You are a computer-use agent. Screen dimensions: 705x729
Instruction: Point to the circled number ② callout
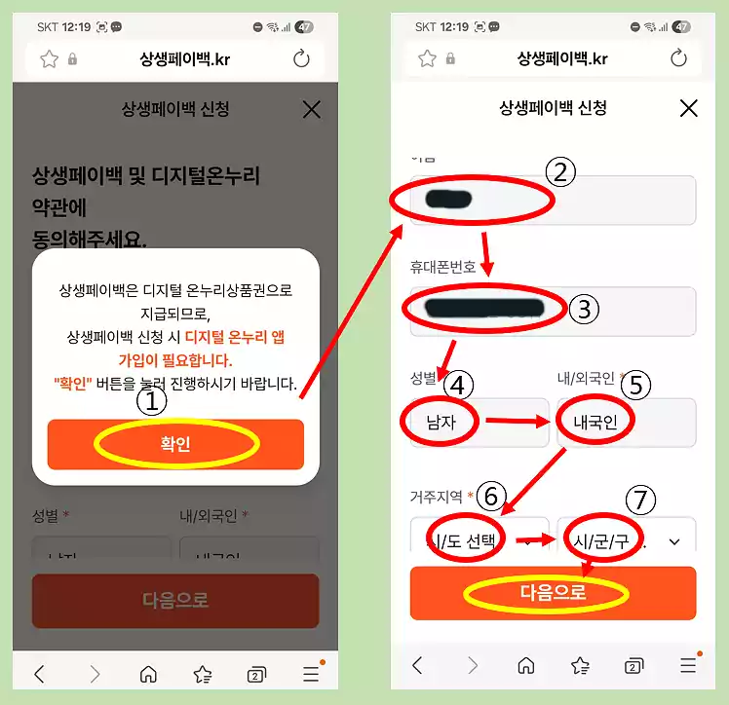click(x=560, y=172)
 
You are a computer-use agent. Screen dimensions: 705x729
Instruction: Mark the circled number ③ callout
click(x=583, y=310)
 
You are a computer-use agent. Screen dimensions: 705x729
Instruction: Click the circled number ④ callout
click(x=458, y=385)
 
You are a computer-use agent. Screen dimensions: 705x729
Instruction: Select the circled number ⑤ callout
click(x=634, y=385)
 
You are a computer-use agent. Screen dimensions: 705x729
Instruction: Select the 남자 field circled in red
click(x=441, y=422)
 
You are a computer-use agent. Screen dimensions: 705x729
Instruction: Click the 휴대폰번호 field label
click(x=442, y=266)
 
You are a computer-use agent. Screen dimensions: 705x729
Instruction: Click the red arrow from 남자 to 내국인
click(x=518, y=422)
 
